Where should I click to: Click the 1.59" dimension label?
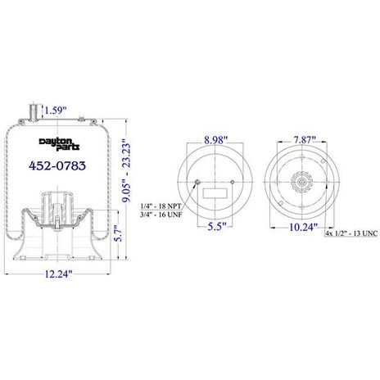56,111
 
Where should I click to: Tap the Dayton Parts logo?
59,144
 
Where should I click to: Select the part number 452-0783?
57,165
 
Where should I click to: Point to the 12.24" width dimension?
58,274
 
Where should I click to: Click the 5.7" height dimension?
119,233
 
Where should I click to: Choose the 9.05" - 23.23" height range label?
127,170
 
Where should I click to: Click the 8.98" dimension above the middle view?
215,140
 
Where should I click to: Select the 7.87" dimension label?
305,139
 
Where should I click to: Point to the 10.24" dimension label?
303,227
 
